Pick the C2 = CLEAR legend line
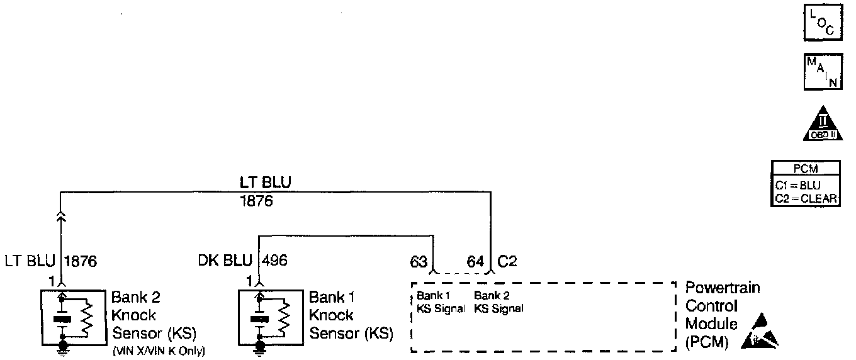point(806,198)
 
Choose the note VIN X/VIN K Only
point(158,351)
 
